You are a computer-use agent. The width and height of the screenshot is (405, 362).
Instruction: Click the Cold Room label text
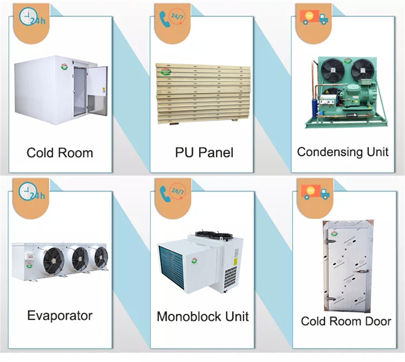(60, 153)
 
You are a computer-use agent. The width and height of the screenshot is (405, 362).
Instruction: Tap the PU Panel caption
(204, 153)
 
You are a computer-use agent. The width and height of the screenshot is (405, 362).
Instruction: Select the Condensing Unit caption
(343, 152)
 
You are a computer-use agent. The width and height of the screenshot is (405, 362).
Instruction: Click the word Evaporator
(60, 315)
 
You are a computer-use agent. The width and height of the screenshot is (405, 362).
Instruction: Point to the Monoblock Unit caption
(202, 316)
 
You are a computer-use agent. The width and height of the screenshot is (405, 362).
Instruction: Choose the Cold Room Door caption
(346, 321)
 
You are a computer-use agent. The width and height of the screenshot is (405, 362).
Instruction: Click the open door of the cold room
(98, 90)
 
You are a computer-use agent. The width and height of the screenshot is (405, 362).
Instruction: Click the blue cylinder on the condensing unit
(314, 107)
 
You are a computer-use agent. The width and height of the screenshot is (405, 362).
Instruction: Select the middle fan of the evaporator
(80, 258)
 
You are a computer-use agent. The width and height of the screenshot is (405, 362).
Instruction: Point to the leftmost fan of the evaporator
(53, 259)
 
